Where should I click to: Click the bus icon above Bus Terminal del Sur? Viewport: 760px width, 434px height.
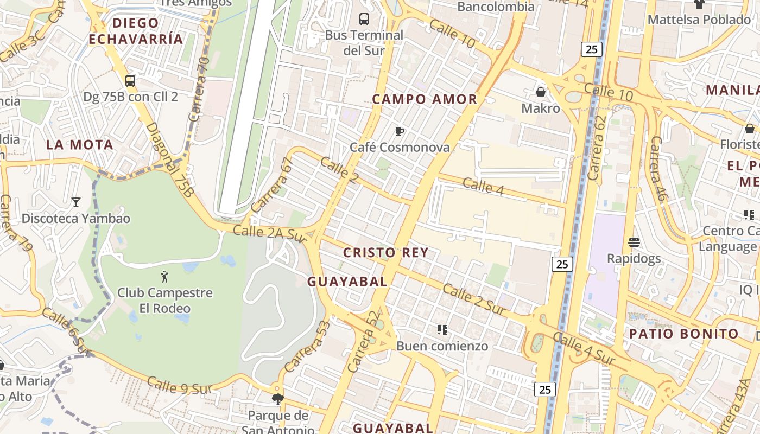pos(364,19)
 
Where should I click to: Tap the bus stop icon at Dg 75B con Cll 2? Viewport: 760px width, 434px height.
pos(130,81)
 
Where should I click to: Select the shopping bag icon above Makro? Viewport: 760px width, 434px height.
pos(541,92)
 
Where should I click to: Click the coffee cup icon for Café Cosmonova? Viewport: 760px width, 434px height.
pos(400,131)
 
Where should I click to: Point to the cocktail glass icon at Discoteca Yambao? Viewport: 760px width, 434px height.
pos(76,202)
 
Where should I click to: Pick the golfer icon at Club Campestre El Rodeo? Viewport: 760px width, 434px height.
pos(164,277)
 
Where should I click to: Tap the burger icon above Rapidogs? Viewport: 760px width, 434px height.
pos(634,242)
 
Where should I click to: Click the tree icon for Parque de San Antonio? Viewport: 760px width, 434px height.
pos(278,400)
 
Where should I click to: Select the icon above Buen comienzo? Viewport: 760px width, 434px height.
pos(442,329)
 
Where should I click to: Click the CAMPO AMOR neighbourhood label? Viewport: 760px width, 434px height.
pos(425,99)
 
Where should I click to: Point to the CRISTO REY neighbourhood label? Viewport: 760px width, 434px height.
pos(386,252)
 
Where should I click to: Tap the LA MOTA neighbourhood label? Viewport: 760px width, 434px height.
pos(80,145)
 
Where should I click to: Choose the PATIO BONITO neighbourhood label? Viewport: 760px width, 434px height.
pos(684,334)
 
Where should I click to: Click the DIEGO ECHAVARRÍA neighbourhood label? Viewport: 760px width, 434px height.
pos(136,31)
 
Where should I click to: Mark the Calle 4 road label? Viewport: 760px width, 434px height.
pos(484,186)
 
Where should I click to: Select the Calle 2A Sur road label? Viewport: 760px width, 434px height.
pos(270,234)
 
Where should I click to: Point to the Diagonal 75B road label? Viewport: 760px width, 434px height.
pos(170,160)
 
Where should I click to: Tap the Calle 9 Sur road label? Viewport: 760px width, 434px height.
pos(179,386)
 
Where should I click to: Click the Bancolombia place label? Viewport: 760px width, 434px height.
pos(496,7)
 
